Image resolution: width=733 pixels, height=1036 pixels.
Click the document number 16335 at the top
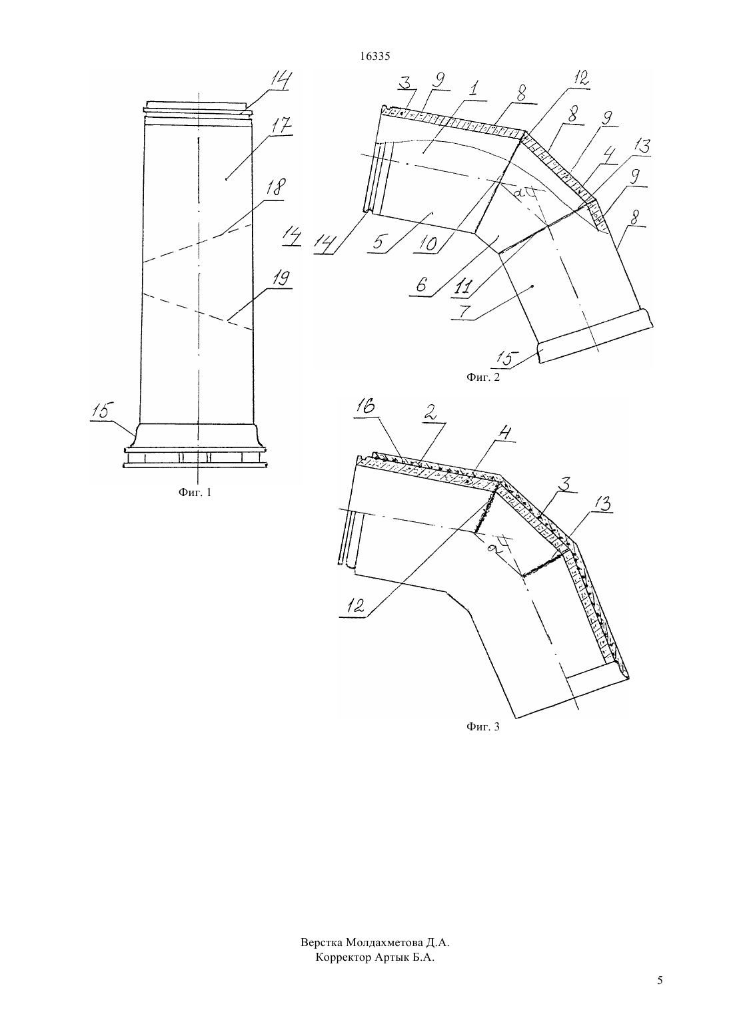pyautogui.click(x=374, y=56)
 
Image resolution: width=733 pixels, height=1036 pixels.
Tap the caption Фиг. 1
pyautogui.click(x=195, y=493)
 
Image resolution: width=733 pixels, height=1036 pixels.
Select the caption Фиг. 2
pyautogui.click(x=482, y=377)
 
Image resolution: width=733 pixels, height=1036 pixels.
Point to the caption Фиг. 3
pyautogui.click(x=482, y=726)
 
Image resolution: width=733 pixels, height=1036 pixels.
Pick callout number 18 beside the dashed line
pyautogui.click(x=276, y=186)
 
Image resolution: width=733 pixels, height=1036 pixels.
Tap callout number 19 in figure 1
pyautogui.click(x=281, y=279)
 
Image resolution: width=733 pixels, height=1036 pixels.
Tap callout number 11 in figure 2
pyautogui.click(x=462, y=288)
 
